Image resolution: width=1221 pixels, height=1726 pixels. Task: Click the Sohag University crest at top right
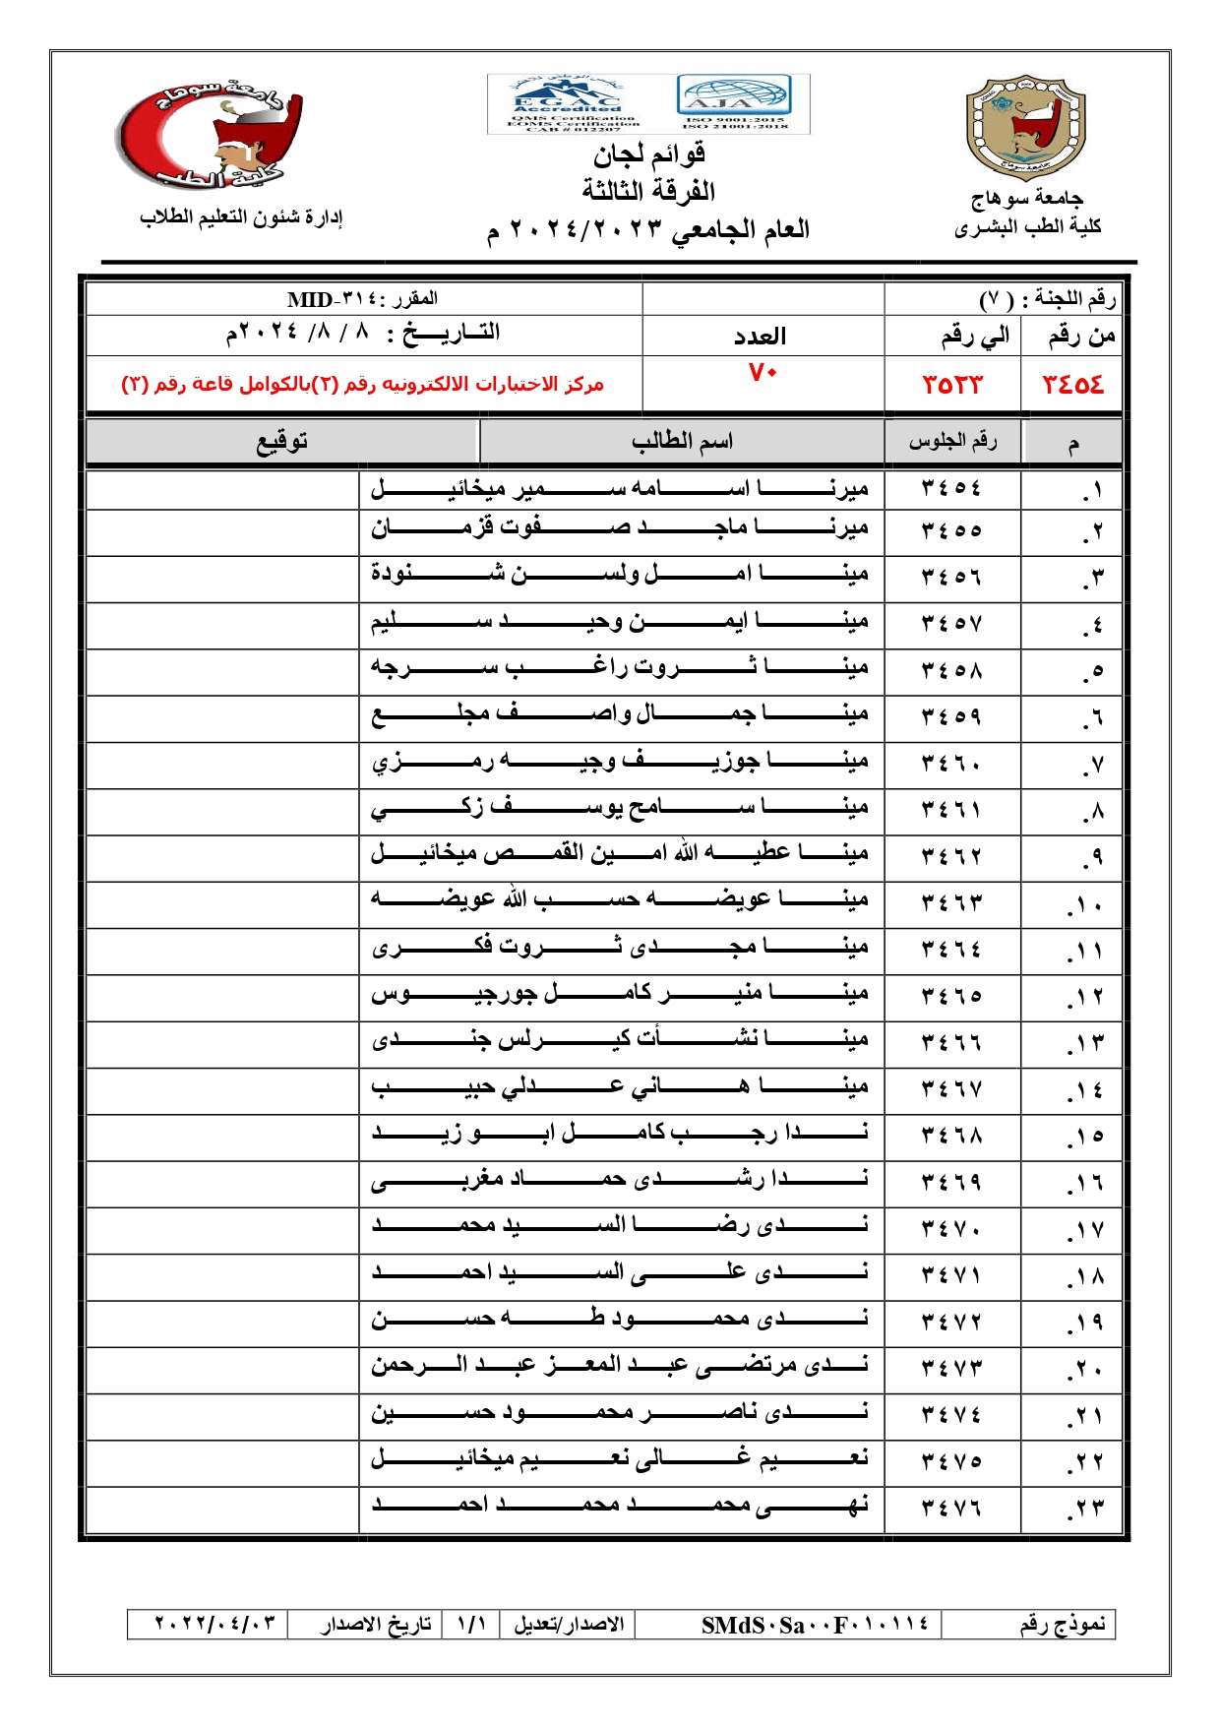1025,128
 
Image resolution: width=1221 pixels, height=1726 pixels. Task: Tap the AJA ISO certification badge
733,102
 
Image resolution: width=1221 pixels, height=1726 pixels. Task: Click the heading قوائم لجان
648,154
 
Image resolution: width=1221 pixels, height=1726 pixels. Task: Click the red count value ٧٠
763,373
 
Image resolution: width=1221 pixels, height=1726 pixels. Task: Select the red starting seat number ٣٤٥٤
1072,385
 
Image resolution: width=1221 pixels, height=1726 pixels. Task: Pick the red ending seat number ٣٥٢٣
951,385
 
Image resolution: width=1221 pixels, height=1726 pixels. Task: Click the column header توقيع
282,442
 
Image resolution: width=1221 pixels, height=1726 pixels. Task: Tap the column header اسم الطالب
682,442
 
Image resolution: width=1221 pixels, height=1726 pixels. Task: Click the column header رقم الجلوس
952,442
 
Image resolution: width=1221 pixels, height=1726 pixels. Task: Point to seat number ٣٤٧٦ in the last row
951,1509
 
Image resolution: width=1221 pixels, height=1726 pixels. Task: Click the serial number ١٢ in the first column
1086,997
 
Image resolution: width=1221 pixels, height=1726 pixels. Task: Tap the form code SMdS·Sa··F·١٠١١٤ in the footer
815,1625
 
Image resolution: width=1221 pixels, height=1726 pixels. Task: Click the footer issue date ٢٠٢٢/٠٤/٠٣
214,1624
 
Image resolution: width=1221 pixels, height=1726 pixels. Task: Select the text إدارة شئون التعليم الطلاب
241,217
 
